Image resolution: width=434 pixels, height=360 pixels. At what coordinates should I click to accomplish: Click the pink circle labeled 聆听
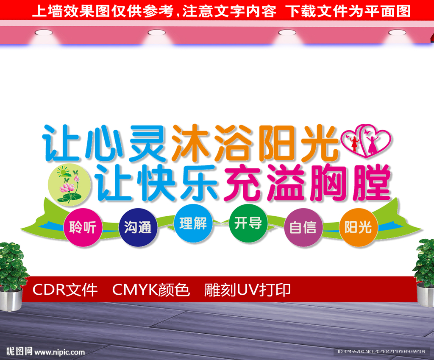point(83,227)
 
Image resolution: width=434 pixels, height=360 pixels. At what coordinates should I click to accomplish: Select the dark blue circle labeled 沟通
point(138,227)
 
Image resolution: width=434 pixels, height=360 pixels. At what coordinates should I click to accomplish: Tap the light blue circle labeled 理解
point(193,223)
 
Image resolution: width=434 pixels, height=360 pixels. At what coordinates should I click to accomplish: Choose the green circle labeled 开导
point(248,223)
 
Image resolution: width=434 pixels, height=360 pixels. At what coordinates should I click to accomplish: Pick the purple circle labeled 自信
point(303,227)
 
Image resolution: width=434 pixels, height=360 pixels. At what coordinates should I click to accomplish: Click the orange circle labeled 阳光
point(358,227)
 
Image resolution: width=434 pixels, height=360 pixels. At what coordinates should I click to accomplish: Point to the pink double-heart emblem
point(366,140)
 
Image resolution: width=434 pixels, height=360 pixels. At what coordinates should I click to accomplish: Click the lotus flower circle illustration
point(69,184)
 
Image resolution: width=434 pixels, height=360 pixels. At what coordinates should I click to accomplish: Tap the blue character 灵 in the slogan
point(148,143)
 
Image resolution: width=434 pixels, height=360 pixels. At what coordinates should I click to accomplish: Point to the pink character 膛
point(372,183)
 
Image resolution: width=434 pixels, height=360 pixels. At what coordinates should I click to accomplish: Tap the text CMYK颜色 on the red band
point(151,290)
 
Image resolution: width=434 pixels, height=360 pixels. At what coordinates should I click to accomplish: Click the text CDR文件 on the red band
point(65,290)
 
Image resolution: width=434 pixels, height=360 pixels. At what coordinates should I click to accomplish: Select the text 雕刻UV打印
point(248,290)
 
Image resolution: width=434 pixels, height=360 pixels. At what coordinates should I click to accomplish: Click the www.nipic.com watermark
point(59,352)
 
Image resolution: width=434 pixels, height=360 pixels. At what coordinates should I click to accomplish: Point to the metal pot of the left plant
point(11,299)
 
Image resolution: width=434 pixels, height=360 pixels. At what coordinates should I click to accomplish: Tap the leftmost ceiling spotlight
point(44,33)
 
